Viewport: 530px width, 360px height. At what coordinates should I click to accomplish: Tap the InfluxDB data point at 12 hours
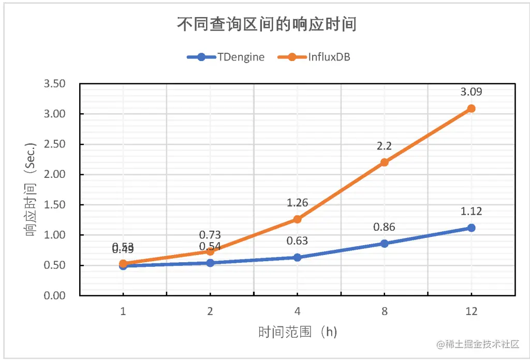tap(471, 109)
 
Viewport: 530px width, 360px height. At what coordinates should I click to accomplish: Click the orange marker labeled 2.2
tap(384, 162)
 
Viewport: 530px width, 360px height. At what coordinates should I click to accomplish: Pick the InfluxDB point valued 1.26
tap(297, 219)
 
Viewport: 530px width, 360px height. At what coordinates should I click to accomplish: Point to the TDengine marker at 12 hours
tap(471, 228)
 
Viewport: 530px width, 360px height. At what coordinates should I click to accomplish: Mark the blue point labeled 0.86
tap(384, 244)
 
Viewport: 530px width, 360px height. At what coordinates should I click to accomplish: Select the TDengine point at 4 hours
tap(297, 257)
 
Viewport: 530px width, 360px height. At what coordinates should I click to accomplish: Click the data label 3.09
tap(471, 93)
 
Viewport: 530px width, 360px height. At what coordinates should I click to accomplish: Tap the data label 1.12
tap(471, 211)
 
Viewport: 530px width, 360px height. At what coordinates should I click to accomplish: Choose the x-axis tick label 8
tap(384, 311)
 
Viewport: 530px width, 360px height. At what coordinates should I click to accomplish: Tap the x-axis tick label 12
tap(471, 311)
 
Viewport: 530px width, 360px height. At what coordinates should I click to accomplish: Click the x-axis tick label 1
tap(123, 311)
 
